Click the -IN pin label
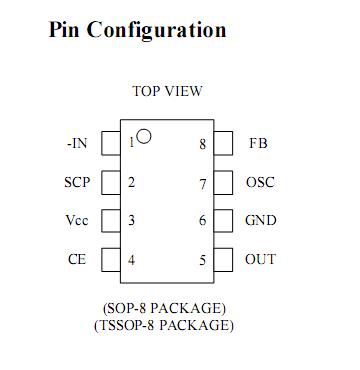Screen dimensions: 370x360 77,144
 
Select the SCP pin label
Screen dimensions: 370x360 77,183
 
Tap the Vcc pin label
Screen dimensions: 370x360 77,221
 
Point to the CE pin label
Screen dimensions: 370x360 77,260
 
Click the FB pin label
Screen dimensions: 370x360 258,144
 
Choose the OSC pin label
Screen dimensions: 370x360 260,183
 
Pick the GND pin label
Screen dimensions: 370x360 261,221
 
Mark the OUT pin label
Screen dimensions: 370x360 261,260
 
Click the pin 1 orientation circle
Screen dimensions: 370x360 144,137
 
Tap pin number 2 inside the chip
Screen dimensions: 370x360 131,183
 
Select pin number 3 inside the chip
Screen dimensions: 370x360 131,221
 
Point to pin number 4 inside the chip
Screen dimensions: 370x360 131,260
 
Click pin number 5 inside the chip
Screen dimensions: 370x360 202,260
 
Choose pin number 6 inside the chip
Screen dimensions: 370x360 202,221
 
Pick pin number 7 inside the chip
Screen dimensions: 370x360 202,183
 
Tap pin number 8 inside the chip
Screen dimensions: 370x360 202,144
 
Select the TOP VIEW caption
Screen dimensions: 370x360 167,92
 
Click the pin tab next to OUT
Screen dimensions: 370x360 225,259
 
